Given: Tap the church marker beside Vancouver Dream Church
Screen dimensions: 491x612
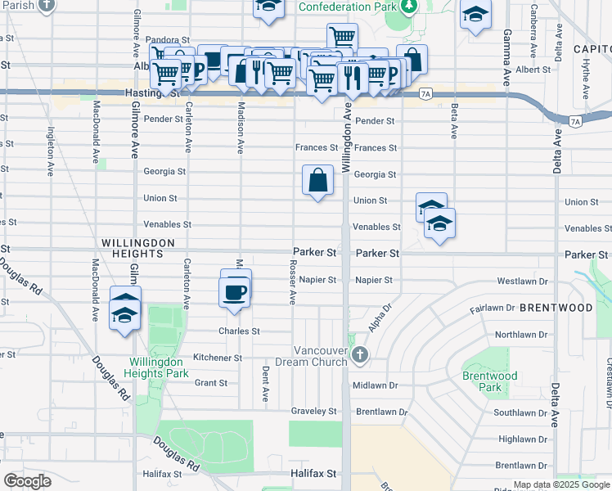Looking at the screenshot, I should coord(361,354).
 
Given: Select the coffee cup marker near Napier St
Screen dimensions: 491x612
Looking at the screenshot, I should coord(236,292).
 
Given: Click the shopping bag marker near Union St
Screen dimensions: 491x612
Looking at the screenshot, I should coord(317,179).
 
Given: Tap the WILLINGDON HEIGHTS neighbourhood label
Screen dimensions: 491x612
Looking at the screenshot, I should coord(138,249).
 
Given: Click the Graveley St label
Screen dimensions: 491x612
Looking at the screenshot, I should coord(314,411).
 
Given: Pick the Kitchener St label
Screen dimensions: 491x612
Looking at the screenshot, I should coord(217,358).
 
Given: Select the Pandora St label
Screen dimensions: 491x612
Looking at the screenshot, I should coord(168,39).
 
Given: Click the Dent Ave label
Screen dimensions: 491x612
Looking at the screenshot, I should coord(266,384).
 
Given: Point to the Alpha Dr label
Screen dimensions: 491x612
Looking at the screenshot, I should coord(376,318).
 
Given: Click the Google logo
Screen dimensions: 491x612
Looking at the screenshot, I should coord(28,481).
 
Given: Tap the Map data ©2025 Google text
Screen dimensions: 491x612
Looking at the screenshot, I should coord(560,485).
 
